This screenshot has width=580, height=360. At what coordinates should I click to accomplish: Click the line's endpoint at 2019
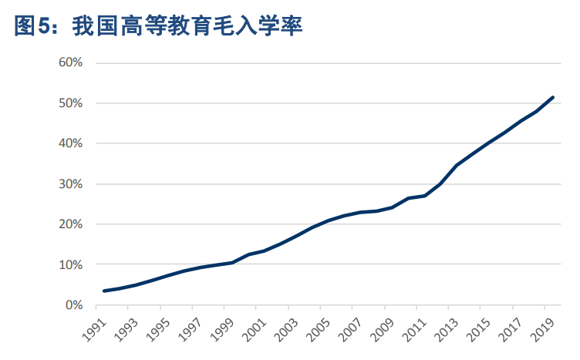[553, 97]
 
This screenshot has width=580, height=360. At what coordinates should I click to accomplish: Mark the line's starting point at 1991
[103, 291]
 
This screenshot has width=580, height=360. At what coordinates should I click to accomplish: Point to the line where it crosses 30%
[440, 184]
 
